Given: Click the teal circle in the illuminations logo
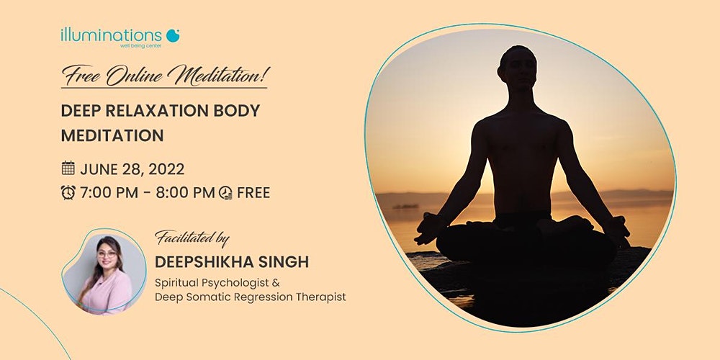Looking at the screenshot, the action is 173,35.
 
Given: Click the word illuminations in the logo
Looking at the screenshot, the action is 111,35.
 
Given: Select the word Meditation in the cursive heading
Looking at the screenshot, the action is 219,75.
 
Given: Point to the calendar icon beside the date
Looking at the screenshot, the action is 68,168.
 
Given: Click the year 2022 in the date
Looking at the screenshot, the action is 166,169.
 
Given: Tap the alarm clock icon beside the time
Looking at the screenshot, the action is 68,192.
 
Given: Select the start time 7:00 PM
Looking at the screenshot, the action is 109,193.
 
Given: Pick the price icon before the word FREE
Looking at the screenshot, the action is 225,193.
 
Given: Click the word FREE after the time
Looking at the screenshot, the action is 253,193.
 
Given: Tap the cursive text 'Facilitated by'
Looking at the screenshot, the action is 192,238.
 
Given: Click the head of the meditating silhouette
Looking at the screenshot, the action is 518,68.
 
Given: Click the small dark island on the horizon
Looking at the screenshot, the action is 406,206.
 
